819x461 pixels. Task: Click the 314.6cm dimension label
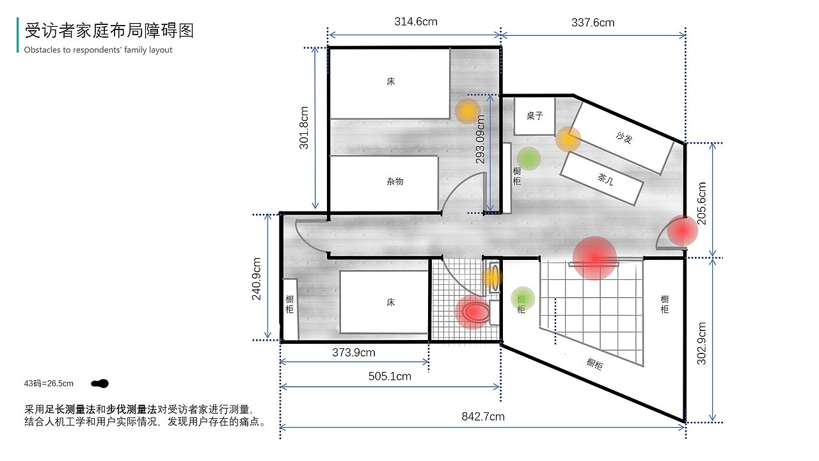tap(416, 22)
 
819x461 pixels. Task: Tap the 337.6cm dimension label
tap(592, 22)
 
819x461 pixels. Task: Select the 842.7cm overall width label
tap(483, 416)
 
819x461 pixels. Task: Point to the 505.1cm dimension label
tap(390, 376)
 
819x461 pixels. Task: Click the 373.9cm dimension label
tap(354, 352)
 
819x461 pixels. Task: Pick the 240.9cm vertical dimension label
tap(257, 279)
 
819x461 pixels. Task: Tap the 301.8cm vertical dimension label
tap(304, 127)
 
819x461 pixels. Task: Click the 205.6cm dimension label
tap(702, 204)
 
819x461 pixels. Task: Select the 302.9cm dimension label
tap(702, 344)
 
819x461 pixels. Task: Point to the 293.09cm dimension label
tap(480, 139)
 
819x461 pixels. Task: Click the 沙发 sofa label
tap(624, 138)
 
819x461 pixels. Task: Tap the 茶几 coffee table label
tap(605, 179)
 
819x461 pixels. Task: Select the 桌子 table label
tap(534, 116)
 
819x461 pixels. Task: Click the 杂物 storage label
tap(395, 181)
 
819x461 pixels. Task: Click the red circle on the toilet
tap(473, 312)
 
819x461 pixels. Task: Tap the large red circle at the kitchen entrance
tap(594, 258)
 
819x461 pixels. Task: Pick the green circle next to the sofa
tap(529, 158)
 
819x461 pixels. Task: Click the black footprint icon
tap(100, 384)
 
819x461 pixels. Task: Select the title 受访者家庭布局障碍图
tap(109, 30)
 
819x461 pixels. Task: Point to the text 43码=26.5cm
tap(49, 384)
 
